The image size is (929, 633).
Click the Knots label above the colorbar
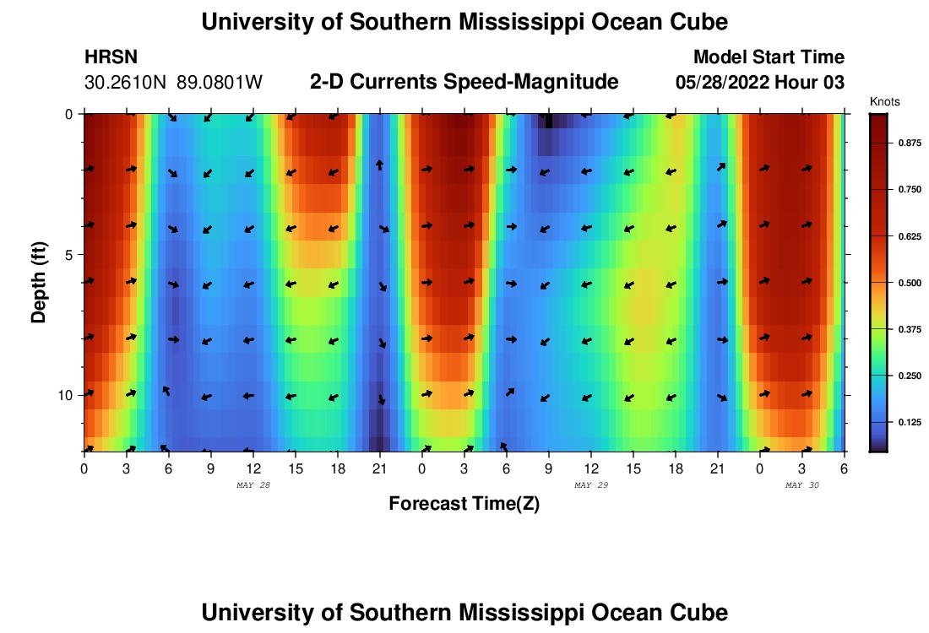(884, 101)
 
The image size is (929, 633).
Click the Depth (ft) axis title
(38, 281)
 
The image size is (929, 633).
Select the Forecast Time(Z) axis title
(464, 504)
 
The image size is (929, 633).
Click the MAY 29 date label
(591, 485)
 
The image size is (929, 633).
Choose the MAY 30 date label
(802, 485)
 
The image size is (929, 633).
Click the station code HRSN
(111, 57)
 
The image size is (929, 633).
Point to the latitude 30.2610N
(126, 83)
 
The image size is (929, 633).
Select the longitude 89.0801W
(220, 83)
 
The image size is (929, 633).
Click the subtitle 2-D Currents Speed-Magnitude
(464, 82)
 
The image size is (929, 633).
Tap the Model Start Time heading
(769, 57)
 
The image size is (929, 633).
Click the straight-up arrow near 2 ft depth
(380, 165)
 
